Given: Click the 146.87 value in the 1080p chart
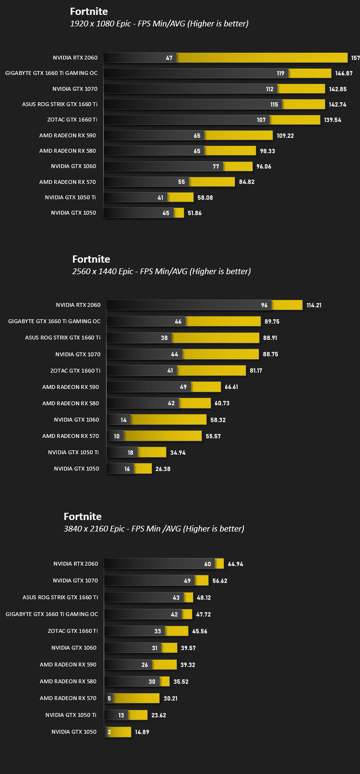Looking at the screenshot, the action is pyautogui.click(x=344, y=73).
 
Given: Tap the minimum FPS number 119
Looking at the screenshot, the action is pyautogui.click(x=280, y=73).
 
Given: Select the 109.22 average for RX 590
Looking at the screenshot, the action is pyautogui.click(x=285, y=136).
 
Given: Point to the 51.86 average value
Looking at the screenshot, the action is pyautogui.click(x=194, y=213).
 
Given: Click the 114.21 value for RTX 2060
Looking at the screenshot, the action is pyautogui.click(x=314, y=305).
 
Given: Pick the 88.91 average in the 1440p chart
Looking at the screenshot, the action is pyautogui.click(x=270, y=338).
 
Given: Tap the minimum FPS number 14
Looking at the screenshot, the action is pyautogui.click(x=123, y=420).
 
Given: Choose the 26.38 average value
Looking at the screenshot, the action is pyautogui.click(x=163, y=469).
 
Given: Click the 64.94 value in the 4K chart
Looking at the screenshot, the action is pyautogui.click(x=235, y=564).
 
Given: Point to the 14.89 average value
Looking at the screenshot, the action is pyautogui.click(x=142, y=732).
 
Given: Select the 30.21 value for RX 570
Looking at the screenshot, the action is pyautogui.click(x=170, y=698).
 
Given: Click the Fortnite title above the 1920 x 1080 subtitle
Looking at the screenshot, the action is pyautogui.click(x=89, y=12).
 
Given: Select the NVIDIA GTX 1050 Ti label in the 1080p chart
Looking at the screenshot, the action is pyautogui.click(x=70, y=197).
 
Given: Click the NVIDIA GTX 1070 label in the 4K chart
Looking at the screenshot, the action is pyautogui.click(x=75, y=580).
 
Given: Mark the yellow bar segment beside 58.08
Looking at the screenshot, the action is pyautogui.click(x=180, y=197).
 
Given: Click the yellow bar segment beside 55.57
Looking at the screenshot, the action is pyautogui.click(x=163, y=436).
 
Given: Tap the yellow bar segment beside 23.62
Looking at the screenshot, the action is pyautogui.click(x=137, y=715).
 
